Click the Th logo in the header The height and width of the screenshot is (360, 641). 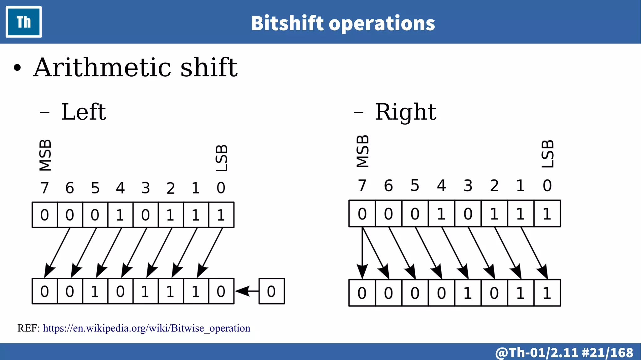(24, 22)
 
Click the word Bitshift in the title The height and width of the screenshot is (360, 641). (287, 23)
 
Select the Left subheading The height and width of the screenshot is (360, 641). (84, 112)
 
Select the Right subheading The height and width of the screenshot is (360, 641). (405, 112)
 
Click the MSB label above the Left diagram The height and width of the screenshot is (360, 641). (45, 155)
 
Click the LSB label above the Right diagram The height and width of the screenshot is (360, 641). (548, 154)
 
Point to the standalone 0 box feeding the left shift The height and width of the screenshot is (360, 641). (271, 291)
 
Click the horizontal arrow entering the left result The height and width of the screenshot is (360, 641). (247, 291)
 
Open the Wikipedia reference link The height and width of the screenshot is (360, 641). (146, 328)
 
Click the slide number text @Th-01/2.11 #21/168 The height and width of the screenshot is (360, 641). (564, 352)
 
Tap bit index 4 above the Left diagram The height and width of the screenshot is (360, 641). (120, 188)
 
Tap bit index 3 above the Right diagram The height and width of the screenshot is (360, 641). (468, 186)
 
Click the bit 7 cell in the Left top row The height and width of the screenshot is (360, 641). (45, 215)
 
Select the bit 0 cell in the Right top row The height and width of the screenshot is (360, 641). (547, 214)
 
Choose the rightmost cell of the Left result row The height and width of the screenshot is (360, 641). (221, 291)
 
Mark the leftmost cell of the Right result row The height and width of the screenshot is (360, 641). (362, 293)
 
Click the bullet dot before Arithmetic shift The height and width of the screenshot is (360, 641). (18, 68)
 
